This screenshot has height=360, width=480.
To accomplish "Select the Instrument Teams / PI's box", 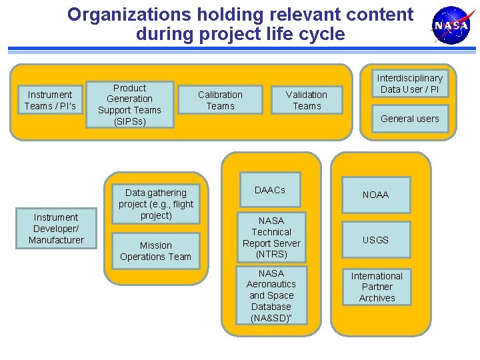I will pyautogui.click(x=50, y=100).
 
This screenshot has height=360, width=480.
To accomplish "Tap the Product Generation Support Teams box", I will pyautogui.click(x=129, y=105).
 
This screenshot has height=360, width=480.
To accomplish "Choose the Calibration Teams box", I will pyautogui.click(x=220, y=100).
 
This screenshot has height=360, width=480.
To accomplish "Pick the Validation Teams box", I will pyautogui.click(x=307, y=100).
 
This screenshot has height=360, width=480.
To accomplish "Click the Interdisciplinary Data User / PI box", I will pyautogui.click(x=410, y=83).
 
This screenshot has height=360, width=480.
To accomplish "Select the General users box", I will pyautogui.click(x=410, y=119).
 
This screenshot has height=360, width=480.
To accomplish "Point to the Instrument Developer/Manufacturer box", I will pyautogui.click(x=56, y=229).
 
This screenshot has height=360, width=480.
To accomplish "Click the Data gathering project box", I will pyautogui.click(x=156, y=203).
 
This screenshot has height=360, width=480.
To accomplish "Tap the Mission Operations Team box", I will pyautogui.click(x=156, y=251).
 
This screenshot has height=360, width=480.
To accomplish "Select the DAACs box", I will pyautogui.click(x=270, y=191).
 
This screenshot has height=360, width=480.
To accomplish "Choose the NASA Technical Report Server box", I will pyautogui.click(x=271, y=237).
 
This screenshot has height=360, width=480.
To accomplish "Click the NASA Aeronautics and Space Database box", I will pyautogui.click(x=271, y=295).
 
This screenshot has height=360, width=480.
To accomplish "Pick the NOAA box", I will pyautogui.click(x=375, y=195).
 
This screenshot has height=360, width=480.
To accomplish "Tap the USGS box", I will pyautogui.click(x=375, y=240).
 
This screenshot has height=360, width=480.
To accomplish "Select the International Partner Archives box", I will pyautogui.click(x=377, y=287).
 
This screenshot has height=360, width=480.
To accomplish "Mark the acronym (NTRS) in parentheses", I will pyautogui.click(x=271, y=254).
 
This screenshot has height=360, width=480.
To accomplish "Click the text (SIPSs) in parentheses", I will pyautogui.click(x=129, y=121).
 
